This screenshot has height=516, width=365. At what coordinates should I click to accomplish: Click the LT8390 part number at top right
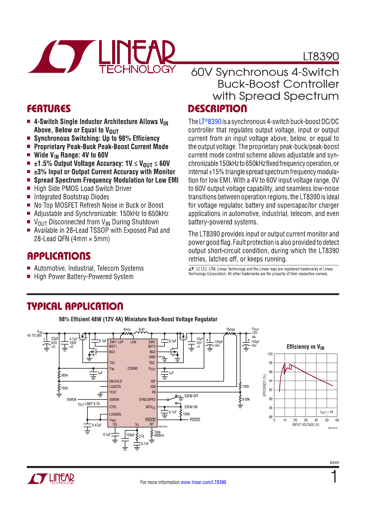[x=321, y=56]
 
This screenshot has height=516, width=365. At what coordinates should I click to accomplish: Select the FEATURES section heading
[x=49, y=109]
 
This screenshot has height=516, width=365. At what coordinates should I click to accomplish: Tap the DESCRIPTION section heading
[x=217, y=109]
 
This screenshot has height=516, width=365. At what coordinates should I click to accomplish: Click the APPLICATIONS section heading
[x=59, y=256]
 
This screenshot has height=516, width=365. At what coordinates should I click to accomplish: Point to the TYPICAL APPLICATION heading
[x=75, y=307]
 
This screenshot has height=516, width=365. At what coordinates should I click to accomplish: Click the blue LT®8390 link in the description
[x=210, y=122]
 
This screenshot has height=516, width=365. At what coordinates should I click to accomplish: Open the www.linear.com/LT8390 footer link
[x=203, y=482]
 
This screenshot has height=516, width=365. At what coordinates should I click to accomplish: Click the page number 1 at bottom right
[x=334, y=477]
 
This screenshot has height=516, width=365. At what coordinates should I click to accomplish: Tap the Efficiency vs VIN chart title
[x=305, y=347]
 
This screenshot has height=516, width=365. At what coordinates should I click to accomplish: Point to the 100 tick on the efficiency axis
[x=270, y=354]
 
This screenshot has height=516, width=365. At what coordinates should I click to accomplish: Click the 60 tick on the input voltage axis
[x=337, y=420]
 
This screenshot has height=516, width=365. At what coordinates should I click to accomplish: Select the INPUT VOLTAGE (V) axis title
[x=306, y=425]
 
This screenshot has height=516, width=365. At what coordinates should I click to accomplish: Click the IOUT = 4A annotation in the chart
[x=327, y=412]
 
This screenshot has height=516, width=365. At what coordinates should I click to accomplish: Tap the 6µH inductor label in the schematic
[x=142, y=329]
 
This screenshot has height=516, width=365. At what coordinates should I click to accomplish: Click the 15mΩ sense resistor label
[x=230, y=329]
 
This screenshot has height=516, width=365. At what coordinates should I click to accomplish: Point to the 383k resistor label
[x=64, y=375]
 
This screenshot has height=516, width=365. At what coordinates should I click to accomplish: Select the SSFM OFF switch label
[x=191, y=396]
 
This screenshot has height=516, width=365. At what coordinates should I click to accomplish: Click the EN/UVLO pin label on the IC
[x=115, y=381]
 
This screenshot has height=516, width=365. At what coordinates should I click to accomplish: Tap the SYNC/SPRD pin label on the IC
[x=147, y=400]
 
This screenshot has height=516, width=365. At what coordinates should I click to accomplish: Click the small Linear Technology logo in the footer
[x=51, y=479]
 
